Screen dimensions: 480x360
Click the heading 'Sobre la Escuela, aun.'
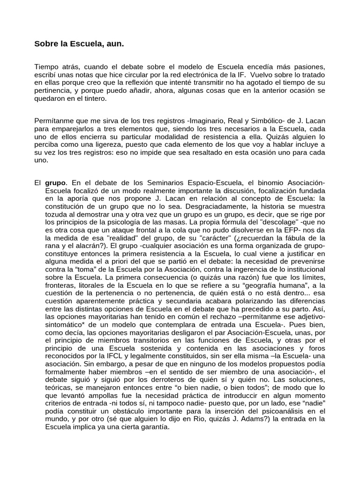click(80, 45)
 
